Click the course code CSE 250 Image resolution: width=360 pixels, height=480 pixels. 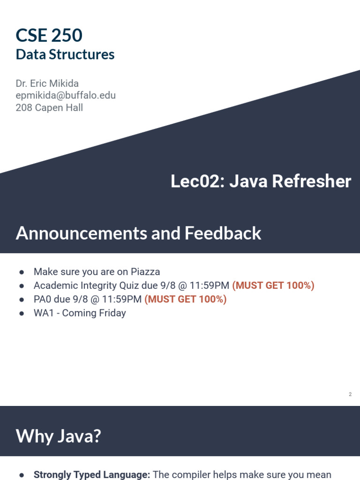pos(49,35)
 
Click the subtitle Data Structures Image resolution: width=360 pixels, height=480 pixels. pos(65,54)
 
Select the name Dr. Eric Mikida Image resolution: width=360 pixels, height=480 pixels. pos(47,83)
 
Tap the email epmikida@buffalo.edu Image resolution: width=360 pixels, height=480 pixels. pos(66,96)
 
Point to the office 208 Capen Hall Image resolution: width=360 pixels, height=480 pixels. pos(49,108)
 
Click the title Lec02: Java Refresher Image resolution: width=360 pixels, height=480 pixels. pos(261,181)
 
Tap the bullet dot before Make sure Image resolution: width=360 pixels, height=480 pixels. pos(22,272)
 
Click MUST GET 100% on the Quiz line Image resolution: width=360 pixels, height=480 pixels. pos(273,285)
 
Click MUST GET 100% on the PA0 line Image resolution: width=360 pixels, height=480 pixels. pos(186,299)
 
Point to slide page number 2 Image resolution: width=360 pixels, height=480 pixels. pos(350,395)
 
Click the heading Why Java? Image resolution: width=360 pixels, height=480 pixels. pos(58,436)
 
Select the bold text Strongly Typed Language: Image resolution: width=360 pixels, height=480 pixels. pos(92,474)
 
